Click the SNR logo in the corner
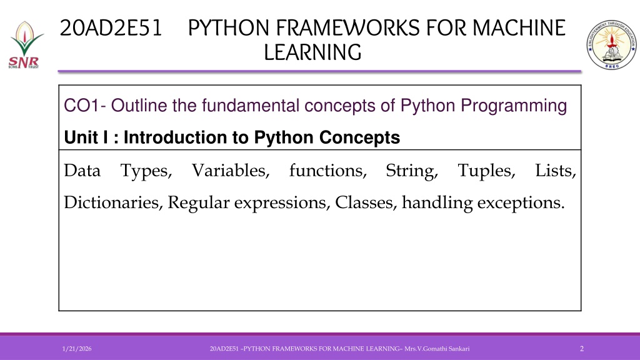pyautogui.click(x=24, y=45)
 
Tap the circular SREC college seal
pyautogui.click(x=611, y=44)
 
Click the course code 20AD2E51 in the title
pyautogui.click(x=111, y=28)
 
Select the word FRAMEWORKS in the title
pyautogui.click(x=348, y=28)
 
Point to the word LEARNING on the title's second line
pyautogui.click(x=312, y=52)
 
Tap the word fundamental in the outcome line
pyautogui.click(x=251, y=106)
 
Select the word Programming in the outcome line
pyautogui.click(x=514, y=106)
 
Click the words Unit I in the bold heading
pyautogui.click(x=86, y=137)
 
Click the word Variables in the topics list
pyautogui.click(x=231, y=171)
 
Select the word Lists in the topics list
pyautogui.click(x=556, y=171)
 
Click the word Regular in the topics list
pyautogui.click(x=199, y=203)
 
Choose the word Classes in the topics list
pyautogui.click(x=366, y=202)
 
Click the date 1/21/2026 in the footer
pyautogui.click(x=77, y=349)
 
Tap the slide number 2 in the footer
pyautogui.click(x=582, y=349)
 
